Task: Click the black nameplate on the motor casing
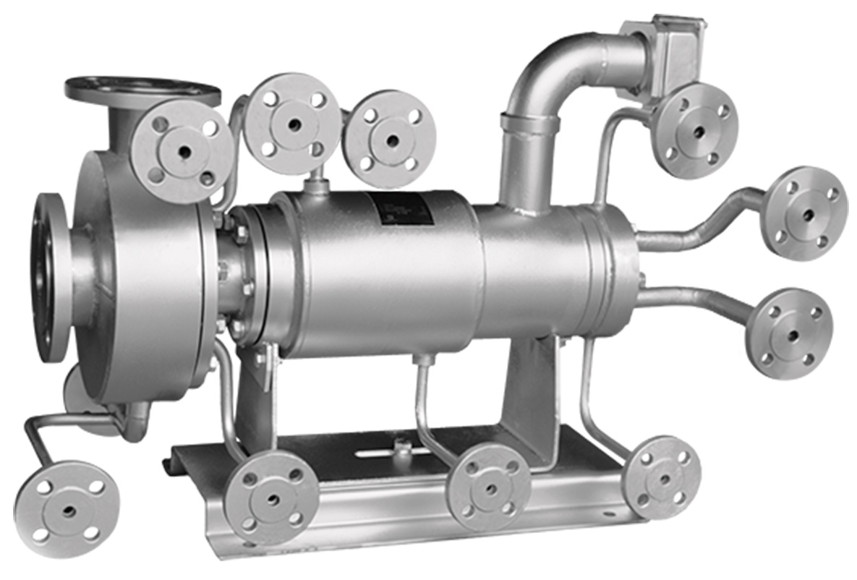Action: tap(402, 208)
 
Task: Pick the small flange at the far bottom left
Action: tap(67, 509)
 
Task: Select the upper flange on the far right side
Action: tap(806, 213)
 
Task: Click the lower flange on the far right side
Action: tap(789, 333)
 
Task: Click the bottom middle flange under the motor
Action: tap(490, 487)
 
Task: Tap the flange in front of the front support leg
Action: tap(271, 497)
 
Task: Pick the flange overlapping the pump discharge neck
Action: tap(184, 151)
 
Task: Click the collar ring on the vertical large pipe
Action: tap(529, 124)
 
